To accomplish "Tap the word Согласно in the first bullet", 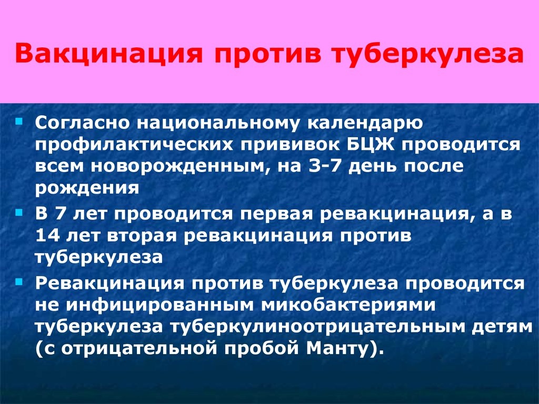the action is pyautogui.click(x=82, y=123).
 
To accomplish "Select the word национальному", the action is pyautogui.click(x=218, y=124).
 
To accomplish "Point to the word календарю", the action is pyautogui.click(x=365, y=124).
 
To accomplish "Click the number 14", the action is pyautogui.click(x=48, y=236).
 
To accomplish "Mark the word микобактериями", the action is pyautogui.click(x=348, y=306).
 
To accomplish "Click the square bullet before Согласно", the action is pyautogui.click(x=19, y=122).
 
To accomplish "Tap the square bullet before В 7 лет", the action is pyautogui.click(x=19, y=213).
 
